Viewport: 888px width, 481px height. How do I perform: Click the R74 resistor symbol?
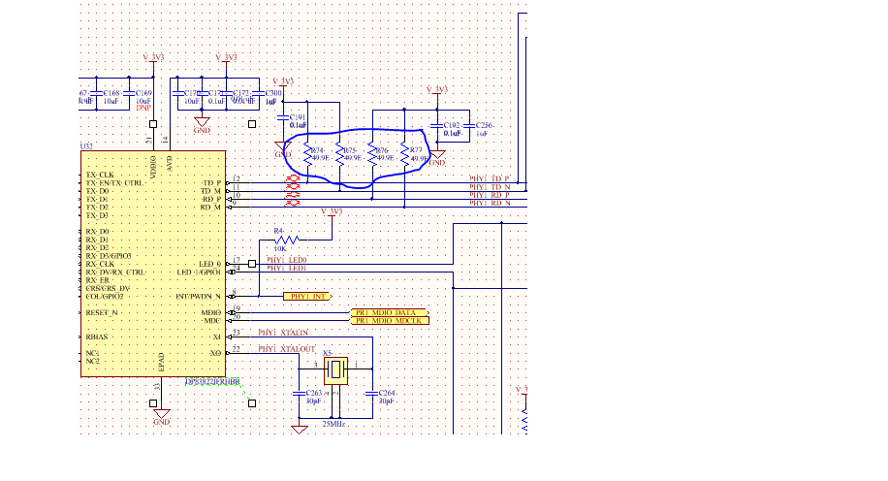point(307,156)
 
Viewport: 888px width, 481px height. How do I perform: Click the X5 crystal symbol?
point(335,369)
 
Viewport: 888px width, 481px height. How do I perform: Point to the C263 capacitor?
point(300,393)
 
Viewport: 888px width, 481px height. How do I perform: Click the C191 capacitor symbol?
point(283,120)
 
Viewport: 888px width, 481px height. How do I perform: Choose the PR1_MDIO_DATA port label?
point(388,312)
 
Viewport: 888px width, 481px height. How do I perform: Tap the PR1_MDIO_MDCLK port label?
point(388,321)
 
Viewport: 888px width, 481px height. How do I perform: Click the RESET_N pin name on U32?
point(101,312)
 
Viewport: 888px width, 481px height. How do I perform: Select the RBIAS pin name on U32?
point(95,336)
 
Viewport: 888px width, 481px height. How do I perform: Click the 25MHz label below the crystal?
point(334,424)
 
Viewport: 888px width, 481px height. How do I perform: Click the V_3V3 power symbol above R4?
point(332,211)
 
